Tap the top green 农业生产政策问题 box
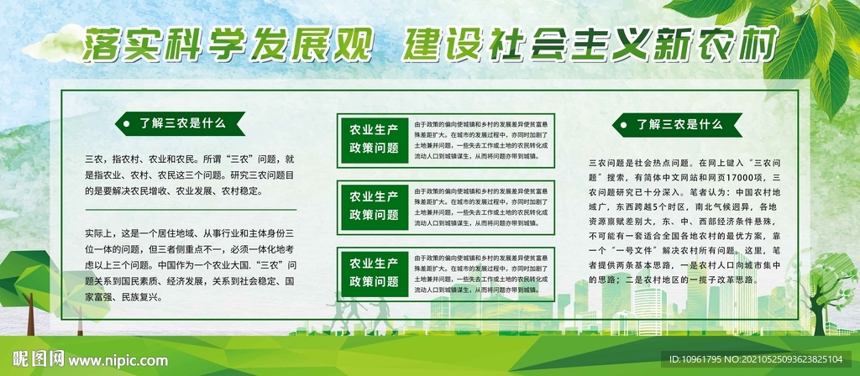pyautogui.click(x=374, y=138)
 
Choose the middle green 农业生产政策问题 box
pyautogui.click(x=374, y=205)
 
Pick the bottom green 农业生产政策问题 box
pyautogui.click(x=374, y=271)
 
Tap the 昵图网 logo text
pyautogui.click(x=43, y=358)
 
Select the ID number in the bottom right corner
pyautogui.click(x=762, y=359)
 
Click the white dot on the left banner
pyautogui.click(x=127, y=123)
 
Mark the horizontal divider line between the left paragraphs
pyautogui.click(x=190, y=209)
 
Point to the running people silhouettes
pyautogui.click(x=361, y=315)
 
